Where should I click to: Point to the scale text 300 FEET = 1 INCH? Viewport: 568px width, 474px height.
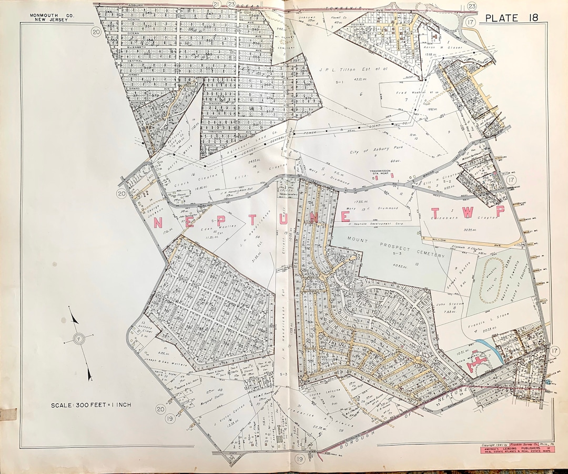click(x=91, y=405)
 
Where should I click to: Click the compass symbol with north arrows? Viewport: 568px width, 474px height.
click(x=79, y=338)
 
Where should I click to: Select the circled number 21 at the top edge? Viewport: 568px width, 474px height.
click(x=201, y=4)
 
